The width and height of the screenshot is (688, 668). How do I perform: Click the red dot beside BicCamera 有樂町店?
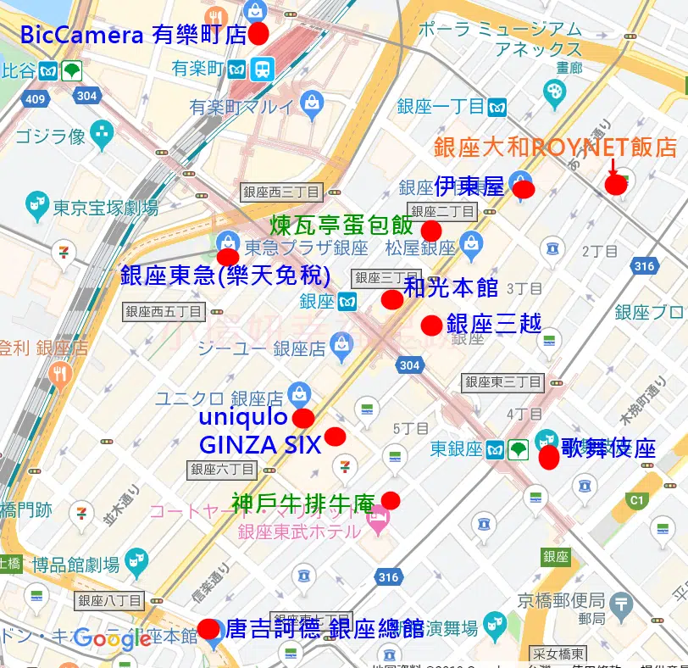pyautogui.click(x=258, y=33)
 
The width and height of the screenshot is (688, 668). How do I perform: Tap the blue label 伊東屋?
pyautogui.click(x=469, y=186)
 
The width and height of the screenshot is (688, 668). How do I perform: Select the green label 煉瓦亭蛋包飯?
pyautogui.click(x=342, y=225)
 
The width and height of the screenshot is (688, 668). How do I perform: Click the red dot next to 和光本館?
pyautogui.click(x=392, y=299)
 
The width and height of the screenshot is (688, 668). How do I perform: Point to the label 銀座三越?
pyautogui.click(x=493, y=324)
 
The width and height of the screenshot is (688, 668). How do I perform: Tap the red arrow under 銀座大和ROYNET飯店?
pyautogui.click(x=613, y=167)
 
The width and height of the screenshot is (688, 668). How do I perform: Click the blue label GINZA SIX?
pyautogui.click(x=259, y=444)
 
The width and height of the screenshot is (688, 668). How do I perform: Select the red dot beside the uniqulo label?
pyautogui.click(x=303, y=418)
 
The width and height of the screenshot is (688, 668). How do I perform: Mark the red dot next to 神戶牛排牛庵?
pyautogui.click(x=391, y=500)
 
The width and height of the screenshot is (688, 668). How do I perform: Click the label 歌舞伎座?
pyautogui.click(x=608, y=448)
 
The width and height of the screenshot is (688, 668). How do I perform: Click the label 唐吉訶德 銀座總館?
pyautogui.click(x=325, y=628)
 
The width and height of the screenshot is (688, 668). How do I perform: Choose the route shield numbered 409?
pyautogui.click(x=35, y=100)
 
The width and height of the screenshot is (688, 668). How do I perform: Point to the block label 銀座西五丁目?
pyautogui.click(x=164, y=311)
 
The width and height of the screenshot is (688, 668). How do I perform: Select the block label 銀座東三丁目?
pyautogui.click(x=502, y=382)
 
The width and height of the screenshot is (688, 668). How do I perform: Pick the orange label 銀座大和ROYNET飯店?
pyautogui.click(x=555, y=146)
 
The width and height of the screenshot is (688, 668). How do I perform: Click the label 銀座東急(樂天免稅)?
pyautogui.click(x=225, y=276)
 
